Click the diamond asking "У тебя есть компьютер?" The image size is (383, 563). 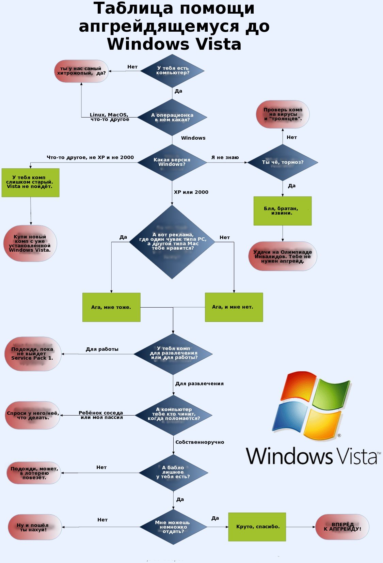click(x=173, y=71)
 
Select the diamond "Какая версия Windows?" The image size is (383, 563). click(x=172, y=162)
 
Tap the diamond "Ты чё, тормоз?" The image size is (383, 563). click(x=283, y=162)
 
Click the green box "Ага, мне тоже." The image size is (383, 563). click(x=111, y=307)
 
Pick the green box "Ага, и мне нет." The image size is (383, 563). click(x=234, y=307)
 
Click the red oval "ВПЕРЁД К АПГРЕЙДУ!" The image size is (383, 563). click(x=342, y=527)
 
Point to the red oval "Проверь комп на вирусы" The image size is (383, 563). click(x=283, y=114)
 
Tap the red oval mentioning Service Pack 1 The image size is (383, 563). click(x=33, y=354)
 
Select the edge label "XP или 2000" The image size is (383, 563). click(x=191, y=192)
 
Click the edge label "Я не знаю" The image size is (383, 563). click(x=225, y=157)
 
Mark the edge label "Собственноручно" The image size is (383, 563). click(x=200, y=442)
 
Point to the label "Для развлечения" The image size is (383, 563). click(x=200, y=384)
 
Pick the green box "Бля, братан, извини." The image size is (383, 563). click(x=282, y=211)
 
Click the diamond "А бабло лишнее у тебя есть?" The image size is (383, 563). click(x=173, y=472)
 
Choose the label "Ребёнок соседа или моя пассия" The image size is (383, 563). click(x=101, y=415)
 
